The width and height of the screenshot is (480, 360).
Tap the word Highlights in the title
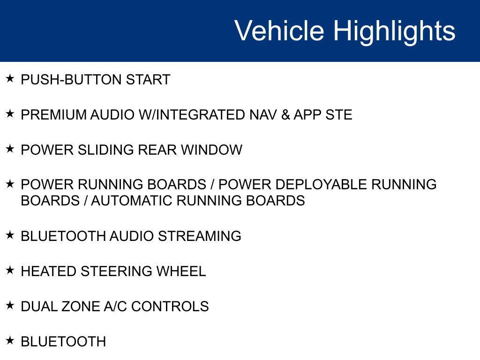pos(394,31)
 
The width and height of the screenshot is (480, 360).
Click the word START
pos(148,80)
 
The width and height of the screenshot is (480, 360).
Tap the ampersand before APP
pos(285,115)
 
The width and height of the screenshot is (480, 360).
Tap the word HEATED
pos(49,271)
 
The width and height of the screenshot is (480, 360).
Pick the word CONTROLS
pos(170,307)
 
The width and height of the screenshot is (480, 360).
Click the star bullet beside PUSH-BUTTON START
pos(10,78)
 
